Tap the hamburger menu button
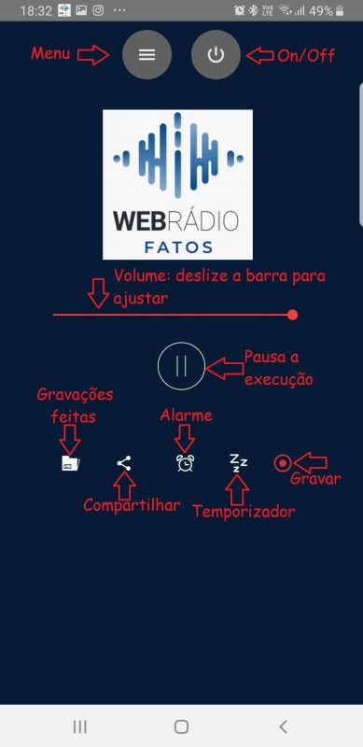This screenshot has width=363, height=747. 147,55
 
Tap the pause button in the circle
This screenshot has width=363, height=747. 181,366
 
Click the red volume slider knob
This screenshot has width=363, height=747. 293,315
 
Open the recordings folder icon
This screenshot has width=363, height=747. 71,463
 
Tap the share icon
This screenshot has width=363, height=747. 124,463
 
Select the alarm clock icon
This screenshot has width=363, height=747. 185,463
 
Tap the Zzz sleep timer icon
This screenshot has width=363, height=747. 238,463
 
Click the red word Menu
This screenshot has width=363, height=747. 50,53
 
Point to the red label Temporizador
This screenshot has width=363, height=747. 244,512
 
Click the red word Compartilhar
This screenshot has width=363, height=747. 132,505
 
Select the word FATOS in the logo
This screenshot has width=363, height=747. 178,247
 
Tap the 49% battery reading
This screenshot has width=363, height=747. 321,11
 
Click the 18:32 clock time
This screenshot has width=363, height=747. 36,11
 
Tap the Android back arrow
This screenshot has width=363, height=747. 283,726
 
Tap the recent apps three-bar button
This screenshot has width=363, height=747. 80,726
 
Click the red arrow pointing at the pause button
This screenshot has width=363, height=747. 224,369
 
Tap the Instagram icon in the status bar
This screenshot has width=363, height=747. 98,10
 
